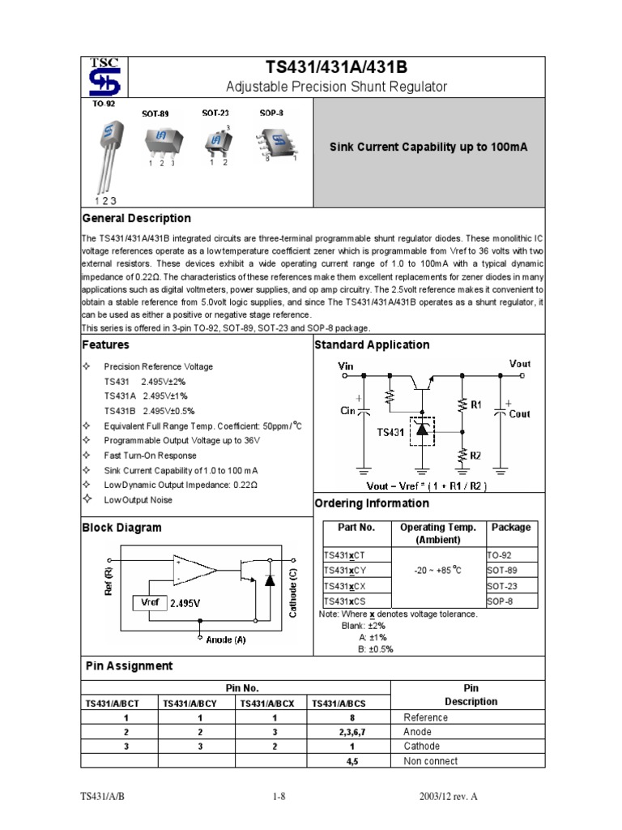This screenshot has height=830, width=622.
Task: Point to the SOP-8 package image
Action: tap(276, 141)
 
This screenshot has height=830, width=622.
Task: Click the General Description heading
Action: tap(137, 218)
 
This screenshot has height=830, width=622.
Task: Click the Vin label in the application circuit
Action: tap(346, 366)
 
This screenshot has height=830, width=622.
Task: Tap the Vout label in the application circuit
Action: tap(520, 364)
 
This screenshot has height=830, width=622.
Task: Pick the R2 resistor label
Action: tap(475, 456)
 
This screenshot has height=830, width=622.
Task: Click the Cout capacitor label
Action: tap(519, 413)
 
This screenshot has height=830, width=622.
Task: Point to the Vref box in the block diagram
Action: tap(151, 602)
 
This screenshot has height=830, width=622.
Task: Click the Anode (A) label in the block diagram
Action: tap(225, 640)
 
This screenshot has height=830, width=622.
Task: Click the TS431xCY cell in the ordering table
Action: tap(345, 571)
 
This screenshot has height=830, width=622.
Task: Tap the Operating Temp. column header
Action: tap(437, 533)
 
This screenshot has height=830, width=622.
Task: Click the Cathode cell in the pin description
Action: tap(422, 746)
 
